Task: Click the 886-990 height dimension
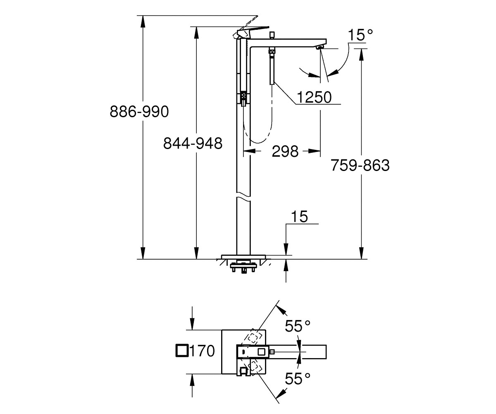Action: tap(139, 111)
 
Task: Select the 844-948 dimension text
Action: tap(193, 144)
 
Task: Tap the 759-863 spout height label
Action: tap(360, 165)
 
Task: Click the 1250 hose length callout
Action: tap(314, 97)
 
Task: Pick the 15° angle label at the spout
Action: tap(360, 35)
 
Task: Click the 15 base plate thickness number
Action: tap(299, 217)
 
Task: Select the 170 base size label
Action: tap(202, 351)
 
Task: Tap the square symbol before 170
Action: tap(182, 351)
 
